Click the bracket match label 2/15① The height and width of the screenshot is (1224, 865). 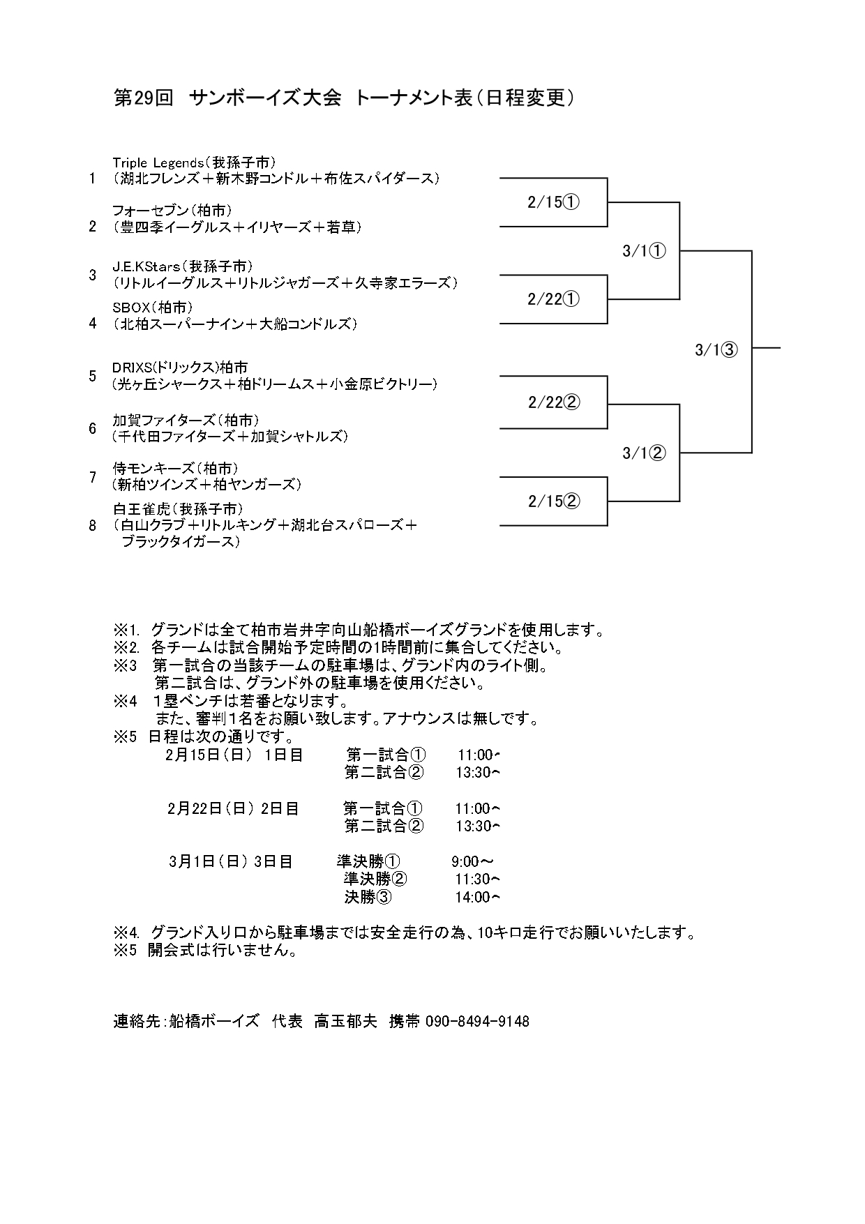tap(554, 202)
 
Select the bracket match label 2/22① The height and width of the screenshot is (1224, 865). tap(554, 299)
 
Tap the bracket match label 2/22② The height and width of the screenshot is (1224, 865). tap(554, 402)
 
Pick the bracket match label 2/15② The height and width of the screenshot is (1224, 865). tap(554, 501)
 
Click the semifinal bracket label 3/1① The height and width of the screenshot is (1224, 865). tap(644, 251)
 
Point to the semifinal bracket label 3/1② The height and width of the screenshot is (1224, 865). tap(644, 453)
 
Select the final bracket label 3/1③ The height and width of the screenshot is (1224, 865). tap(716, 350)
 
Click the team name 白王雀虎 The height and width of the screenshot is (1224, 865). tap(142, 508)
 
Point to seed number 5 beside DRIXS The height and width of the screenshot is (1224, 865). tap(93, 377)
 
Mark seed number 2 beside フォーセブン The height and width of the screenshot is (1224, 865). tap(93, 227)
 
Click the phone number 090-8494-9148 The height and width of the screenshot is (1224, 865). tap(477, 1022)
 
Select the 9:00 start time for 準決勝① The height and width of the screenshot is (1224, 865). tap(472, 862)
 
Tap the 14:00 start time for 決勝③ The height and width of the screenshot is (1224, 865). tap(477, 898)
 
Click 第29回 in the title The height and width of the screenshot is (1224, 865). tap(143, 98)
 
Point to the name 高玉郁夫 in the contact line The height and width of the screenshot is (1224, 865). tap(345, 1022)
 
